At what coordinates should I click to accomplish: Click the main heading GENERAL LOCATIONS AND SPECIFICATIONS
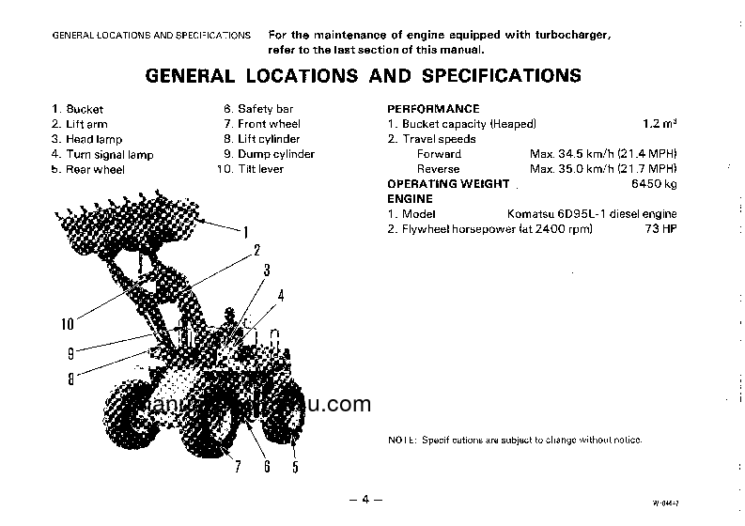coord(363,76)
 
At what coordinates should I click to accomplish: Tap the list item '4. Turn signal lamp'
coord(102,154)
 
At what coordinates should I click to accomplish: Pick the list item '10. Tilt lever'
coord(250,169)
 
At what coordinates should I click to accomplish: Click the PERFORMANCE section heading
coord(433,109)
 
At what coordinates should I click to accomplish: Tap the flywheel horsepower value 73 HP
coord(660,229)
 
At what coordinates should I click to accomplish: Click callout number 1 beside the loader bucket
coord(245,231)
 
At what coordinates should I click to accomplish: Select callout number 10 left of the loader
coord(67,325)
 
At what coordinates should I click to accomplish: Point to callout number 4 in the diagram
coord(280,296)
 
